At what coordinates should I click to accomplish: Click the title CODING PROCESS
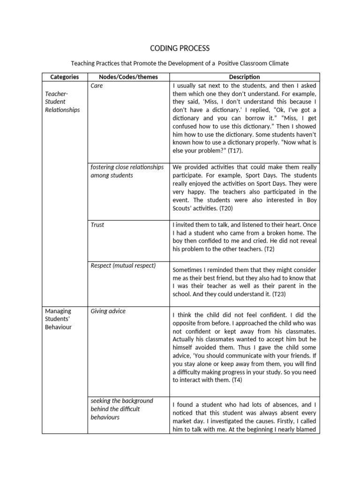pos(180,48)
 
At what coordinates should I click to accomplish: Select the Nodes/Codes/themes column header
pos(128,77)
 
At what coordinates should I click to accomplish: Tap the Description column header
pos(244,77)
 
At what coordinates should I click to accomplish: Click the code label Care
pos(97,86)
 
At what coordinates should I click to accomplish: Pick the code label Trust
pos(97,225)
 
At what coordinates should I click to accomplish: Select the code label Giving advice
pos(108,311)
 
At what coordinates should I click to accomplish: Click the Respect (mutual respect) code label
pos(123,266)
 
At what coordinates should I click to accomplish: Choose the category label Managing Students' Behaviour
pos(58,319)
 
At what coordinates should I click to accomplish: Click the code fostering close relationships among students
pos(127,171)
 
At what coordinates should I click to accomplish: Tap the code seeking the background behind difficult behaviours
pos(121,409)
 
